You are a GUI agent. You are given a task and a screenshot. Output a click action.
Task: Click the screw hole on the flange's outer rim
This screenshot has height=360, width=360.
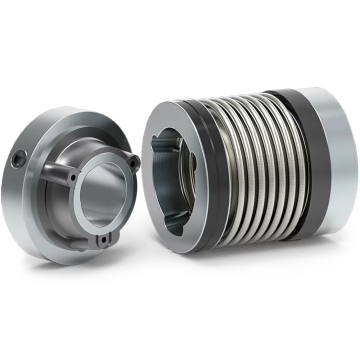click(x=20, y=157)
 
